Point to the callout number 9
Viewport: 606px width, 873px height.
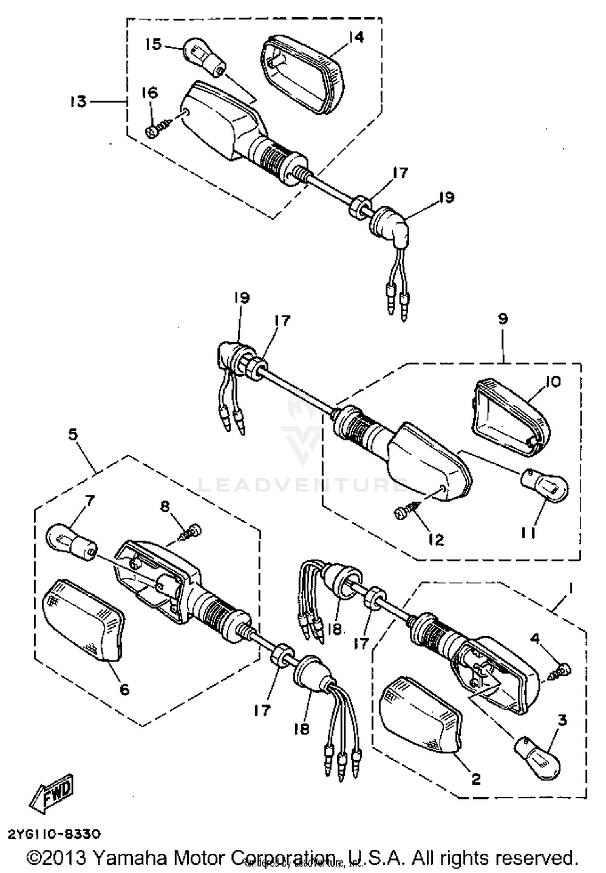point(502,319)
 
